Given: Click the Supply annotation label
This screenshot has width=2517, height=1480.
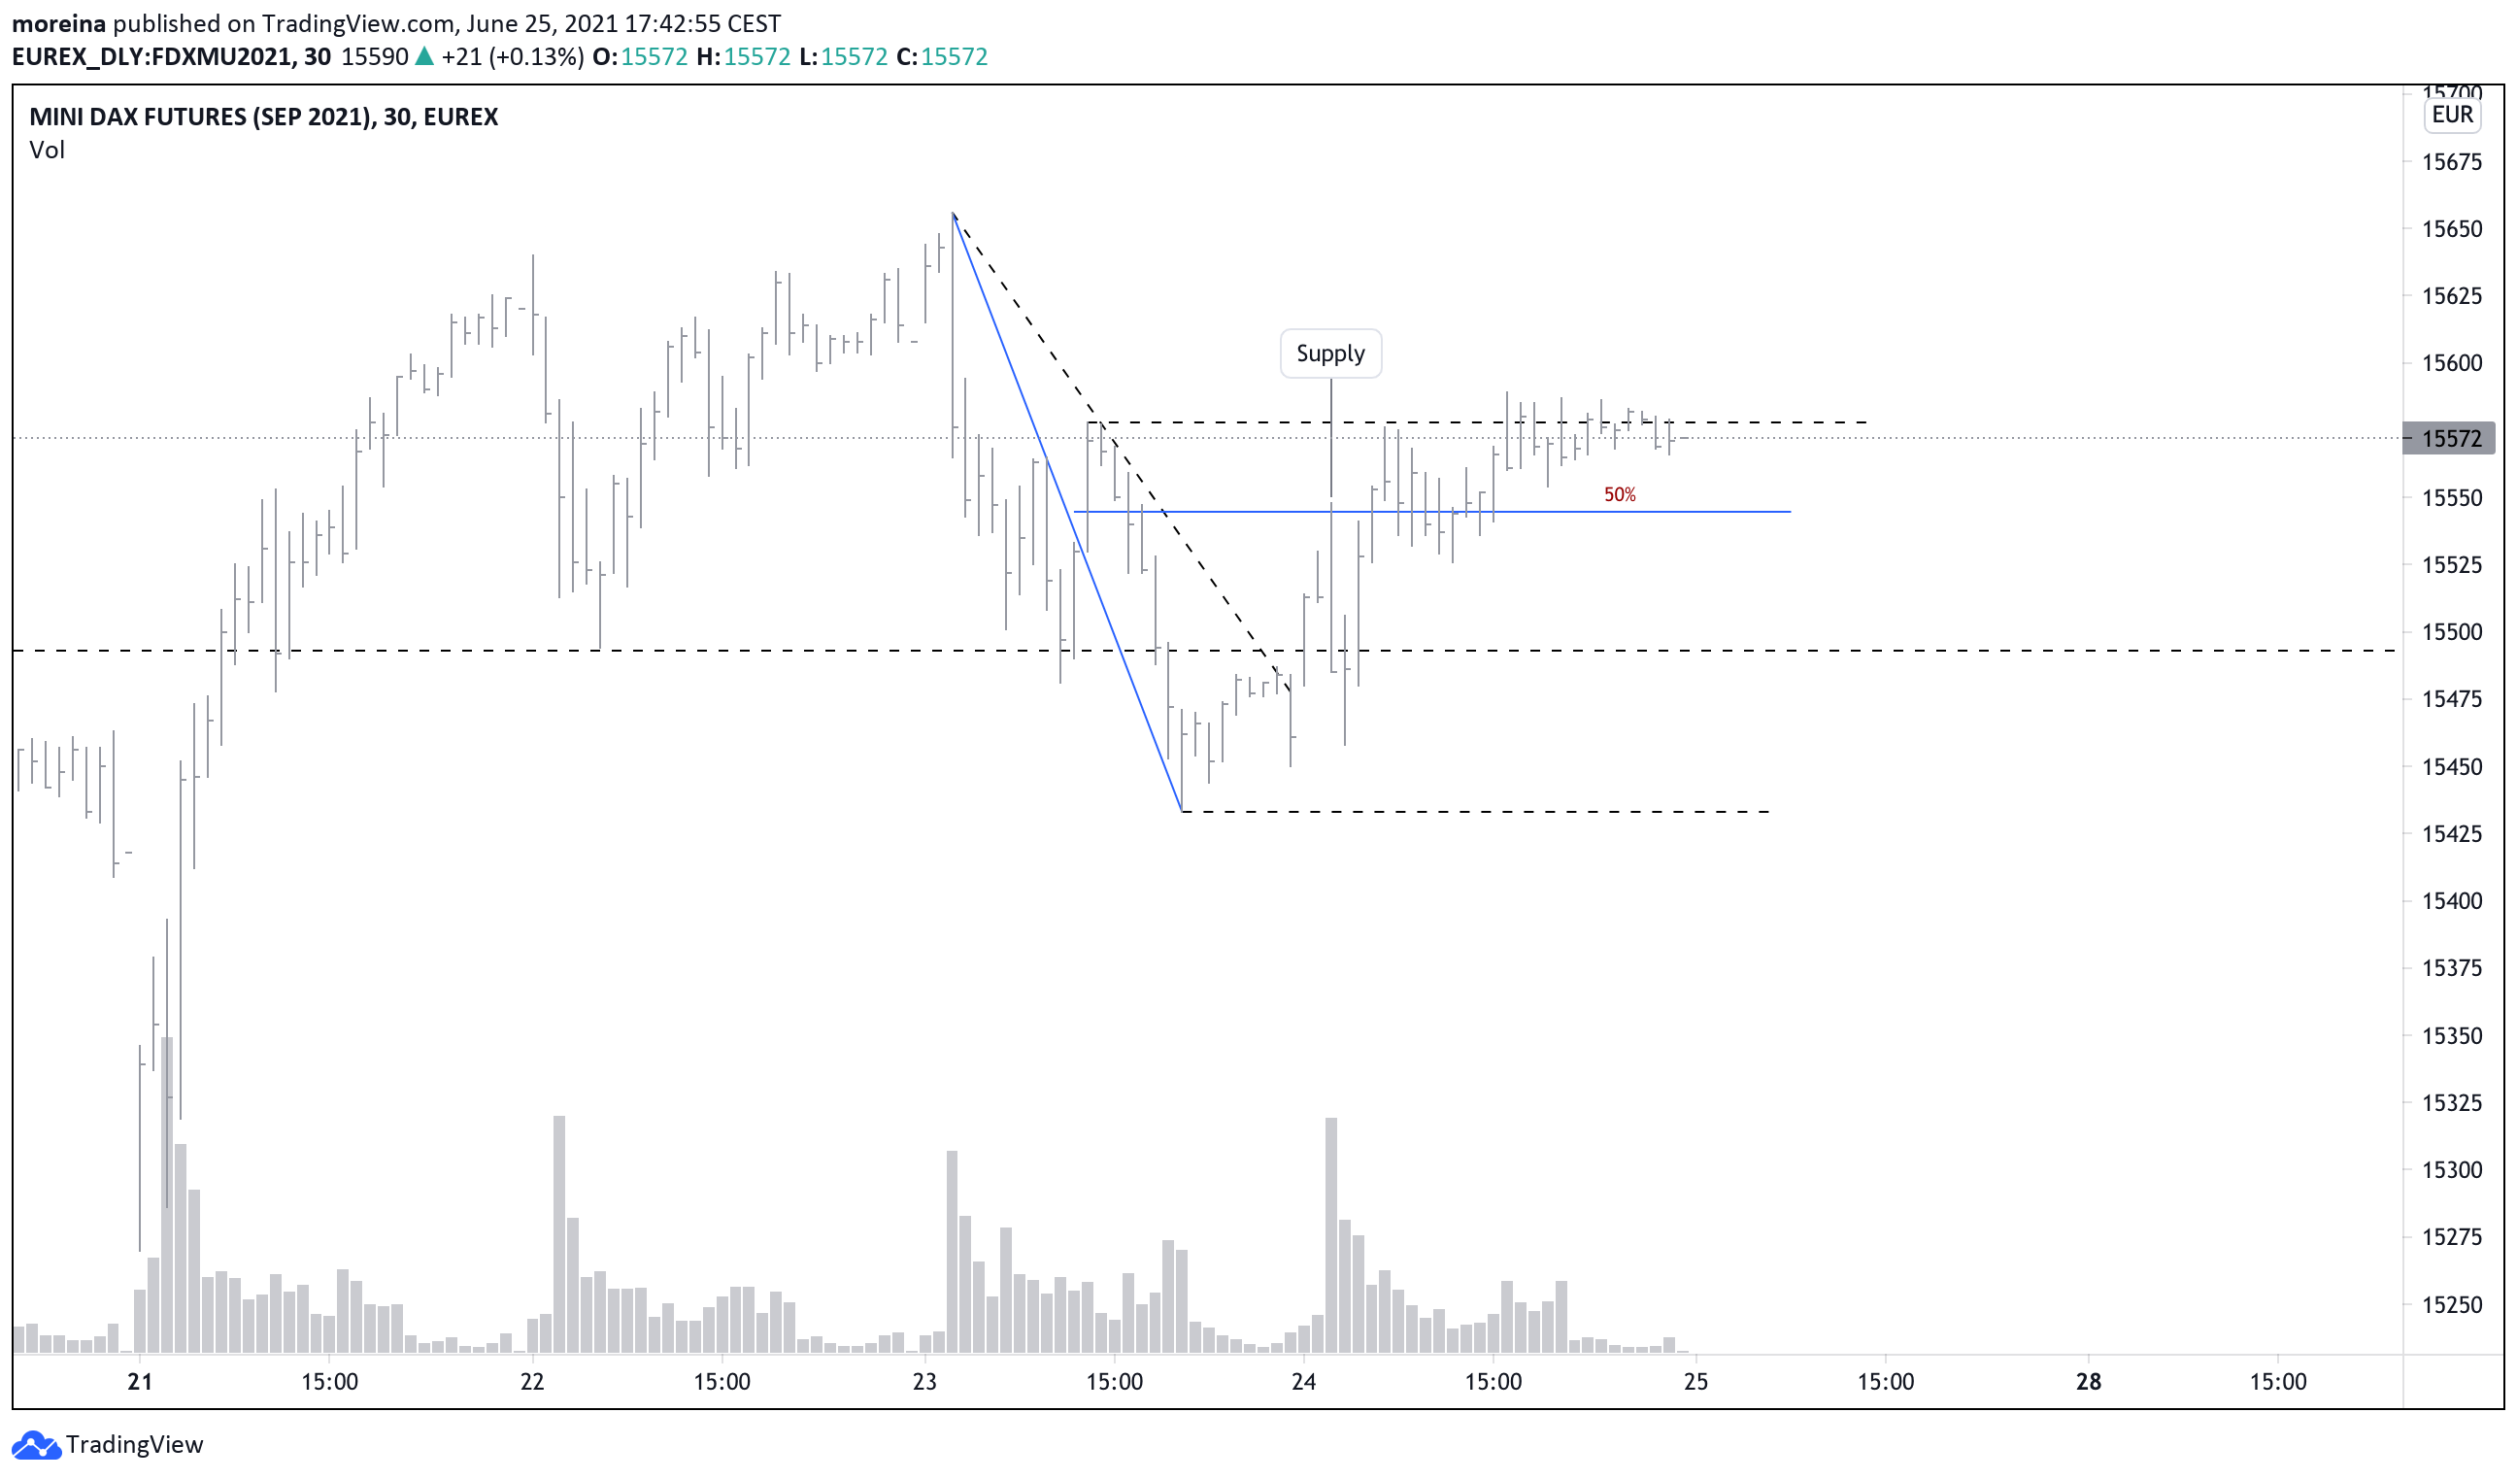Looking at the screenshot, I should click(x=1330, y=353).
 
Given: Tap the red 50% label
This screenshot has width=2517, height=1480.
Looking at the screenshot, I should click(x=1619, y=494).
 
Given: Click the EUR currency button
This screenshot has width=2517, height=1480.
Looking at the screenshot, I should click(x=2452, y=115).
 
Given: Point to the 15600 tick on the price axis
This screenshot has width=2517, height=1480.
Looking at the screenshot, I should click(x=2451, y=363).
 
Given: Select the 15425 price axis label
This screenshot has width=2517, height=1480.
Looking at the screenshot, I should click(x=2451, y=834).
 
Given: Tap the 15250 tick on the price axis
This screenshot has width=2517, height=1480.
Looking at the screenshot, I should click(x=2451, y=1305).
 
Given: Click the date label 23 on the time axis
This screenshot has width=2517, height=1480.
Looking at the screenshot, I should click(x=924, y=1382).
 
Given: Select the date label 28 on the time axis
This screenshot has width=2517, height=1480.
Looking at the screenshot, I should click(x=2089, y=1382).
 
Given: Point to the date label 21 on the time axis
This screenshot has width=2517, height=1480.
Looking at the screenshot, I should click(x=140, y=1382).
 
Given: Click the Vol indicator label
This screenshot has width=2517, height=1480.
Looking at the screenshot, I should click(x=47, y=150).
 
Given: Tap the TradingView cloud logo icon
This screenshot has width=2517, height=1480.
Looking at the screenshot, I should click(x=36, y=1444).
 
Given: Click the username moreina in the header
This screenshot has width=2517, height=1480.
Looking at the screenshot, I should click(x=58, y=23).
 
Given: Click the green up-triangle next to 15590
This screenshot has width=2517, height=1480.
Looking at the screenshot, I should click(x=424, y=57).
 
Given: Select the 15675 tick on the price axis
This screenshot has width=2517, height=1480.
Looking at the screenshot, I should click(x=2451, y=162).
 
